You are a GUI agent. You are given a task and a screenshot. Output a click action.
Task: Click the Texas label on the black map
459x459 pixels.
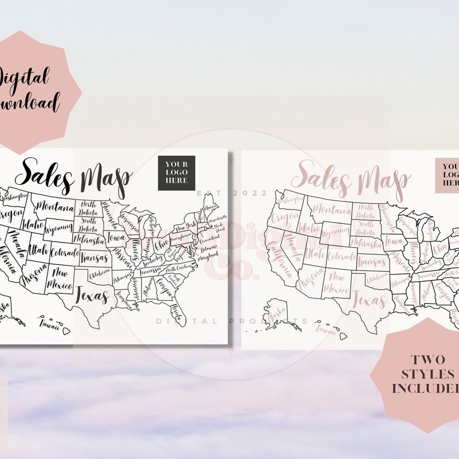point(92,296)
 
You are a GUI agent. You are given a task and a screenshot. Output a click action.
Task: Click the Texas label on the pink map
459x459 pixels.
point(368,299)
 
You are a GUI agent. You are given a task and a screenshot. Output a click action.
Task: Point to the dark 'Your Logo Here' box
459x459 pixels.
point(177,173)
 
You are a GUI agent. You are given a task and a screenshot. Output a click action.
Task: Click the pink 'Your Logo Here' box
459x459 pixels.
point(448,175)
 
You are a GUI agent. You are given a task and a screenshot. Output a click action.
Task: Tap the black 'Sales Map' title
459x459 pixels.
point(73,176)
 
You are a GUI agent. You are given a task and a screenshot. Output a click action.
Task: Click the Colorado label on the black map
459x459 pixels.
point(64,252)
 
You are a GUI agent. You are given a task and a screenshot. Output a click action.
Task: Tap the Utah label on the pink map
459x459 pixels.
point(314,253)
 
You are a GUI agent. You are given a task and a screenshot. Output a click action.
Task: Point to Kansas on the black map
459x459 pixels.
point(94,258)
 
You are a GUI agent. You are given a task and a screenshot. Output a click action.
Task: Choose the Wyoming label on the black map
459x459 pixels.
point(59,229)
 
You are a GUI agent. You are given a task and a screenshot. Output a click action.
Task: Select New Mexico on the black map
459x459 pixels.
point(60,278)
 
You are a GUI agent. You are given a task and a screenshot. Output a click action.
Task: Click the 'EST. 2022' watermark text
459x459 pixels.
point(232,193)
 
